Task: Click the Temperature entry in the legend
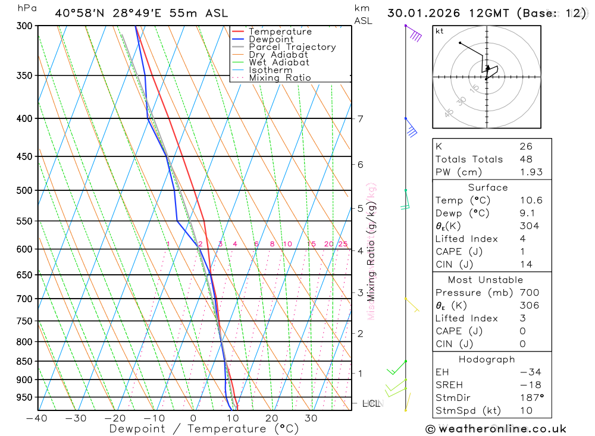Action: pos(280,32)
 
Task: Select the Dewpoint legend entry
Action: pos(271,39)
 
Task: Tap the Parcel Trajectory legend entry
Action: pos(292,47)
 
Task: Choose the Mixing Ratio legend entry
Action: pos(280,78)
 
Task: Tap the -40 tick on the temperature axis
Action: pos(37,418)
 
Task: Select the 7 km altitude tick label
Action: pos(361,118)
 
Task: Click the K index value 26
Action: pos(526,146)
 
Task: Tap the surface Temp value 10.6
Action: pos(531,200)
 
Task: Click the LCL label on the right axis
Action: pos(371,404)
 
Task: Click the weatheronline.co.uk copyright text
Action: pos(496,429)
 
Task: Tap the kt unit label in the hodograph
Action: pos(440,31)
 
